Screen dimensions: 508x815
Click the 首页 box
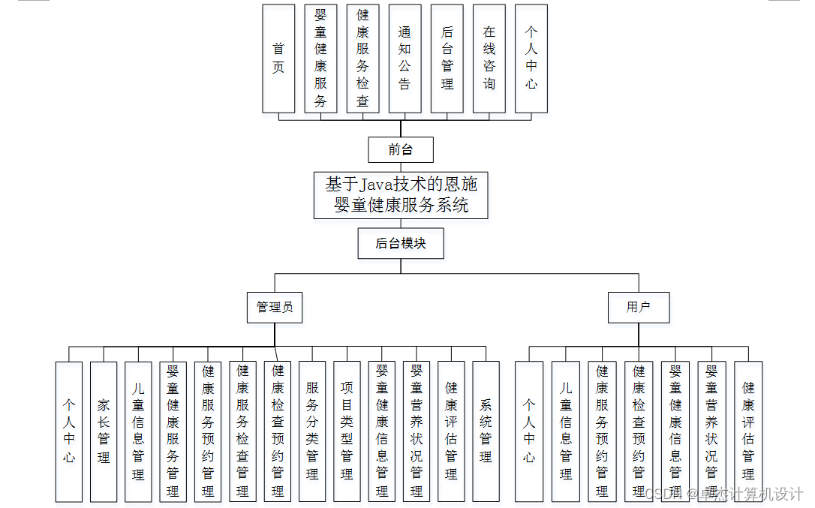point(278,59)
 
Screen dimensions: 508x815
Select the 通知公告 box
point(404,59)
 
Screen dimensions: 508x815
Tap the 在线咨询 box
point(489,59)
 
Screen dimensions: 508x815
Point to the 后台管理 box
point(447,59)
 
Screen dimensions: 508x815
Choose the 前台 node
point(401,150)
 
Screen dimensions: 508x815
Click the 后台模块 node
point(401,244)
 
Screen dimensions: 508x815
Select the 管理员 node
point(275,308)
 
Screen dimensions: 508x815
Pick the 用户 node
point(639,308)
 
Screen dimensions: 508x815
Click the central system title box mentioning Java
point(401,195)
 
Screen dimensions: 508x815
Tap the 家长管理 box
point(104,431)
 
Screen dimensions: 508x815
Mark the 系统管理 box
point(486,431)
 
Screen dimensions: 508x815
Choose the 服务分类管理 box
point(312,431)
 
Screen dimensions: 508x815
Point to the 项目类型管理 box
point(347,431)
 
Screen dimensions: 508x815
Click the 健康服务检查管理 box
point(242,431)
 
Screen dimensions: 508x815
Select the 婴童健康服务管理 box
point(173,431)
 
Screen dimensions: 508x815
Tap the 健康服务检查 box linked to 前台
point(362,59)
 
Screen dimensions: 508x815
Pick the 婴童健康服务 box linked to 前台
point(320,59)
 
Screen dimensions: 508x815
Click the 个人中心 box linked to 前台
point(531,59)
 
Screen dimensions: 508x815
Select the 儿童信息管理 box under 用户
point(566,431)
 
